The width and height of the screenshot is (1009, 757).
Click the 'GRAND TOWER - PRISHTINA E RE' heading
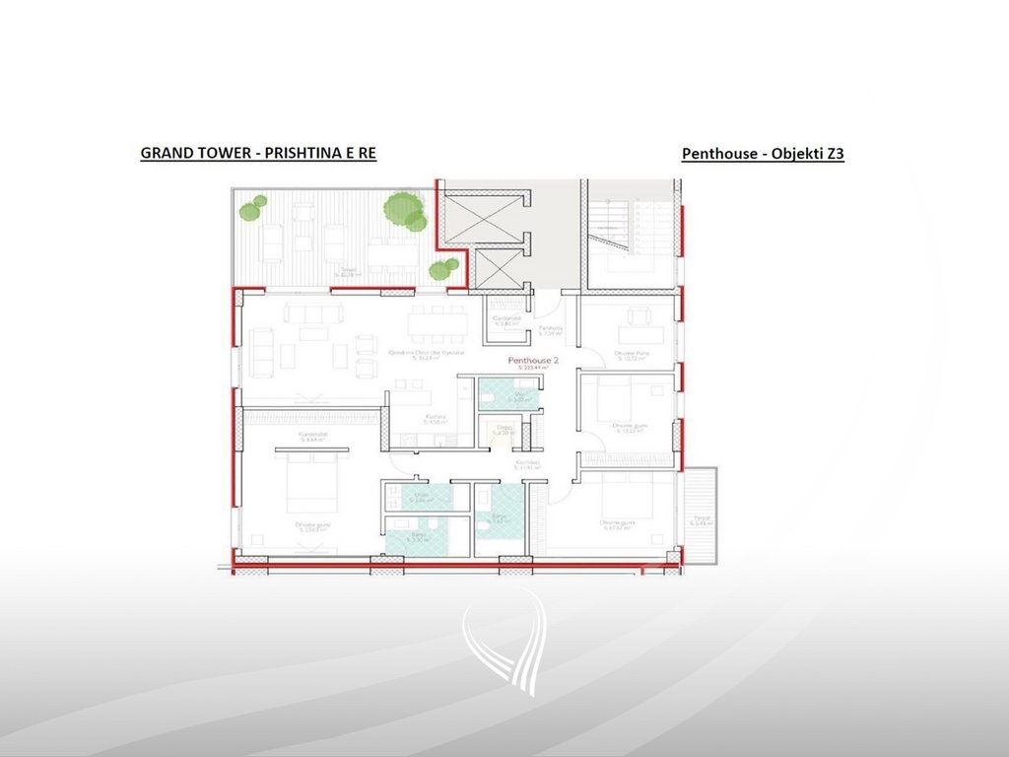click(258, 153)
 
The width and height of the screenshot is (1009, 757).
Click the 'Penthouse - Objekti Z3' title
click(763, 154)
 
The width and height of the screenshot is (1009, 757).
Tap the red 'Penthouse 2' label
click(533, 361)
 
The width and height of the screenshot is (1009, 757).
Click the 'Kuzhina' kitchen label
click(436, 417)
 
